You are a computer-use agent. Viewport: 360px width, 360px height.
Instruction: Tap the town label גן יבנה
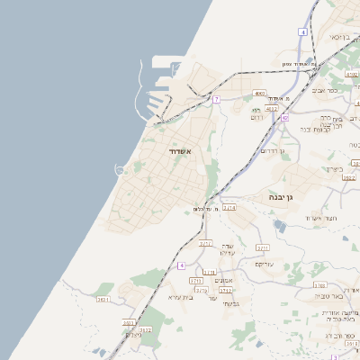coord(283,197)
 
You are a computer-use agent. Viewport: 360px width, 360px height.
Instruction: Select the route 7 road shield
coord(216,99)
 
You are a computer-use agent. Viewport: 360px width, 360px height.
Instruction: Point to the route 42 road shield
coord(284,118)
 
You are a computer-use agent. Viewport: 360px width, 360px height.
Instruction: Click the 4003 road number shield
coord(259,93)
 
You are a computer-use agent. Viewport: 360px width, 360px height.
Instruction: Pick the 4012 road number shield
coord(272,108)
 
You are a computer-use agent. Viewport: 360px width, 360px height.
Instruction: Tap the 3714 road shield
coord(229,209)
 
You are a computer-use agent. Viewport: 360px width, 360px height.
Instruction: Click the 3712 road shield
coord(227,291)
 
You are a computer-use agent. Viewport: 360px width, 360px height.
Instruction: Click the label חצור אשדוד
coord(319,218)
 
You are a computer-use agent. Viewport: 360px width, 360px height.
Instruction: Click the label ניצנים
coord(132,335)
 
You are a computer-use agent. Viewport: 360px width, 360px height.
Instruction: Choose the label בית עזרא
coord(181,296)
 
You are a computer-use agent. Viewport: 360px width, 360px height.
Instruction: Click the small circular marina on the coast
coord(119,170)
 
